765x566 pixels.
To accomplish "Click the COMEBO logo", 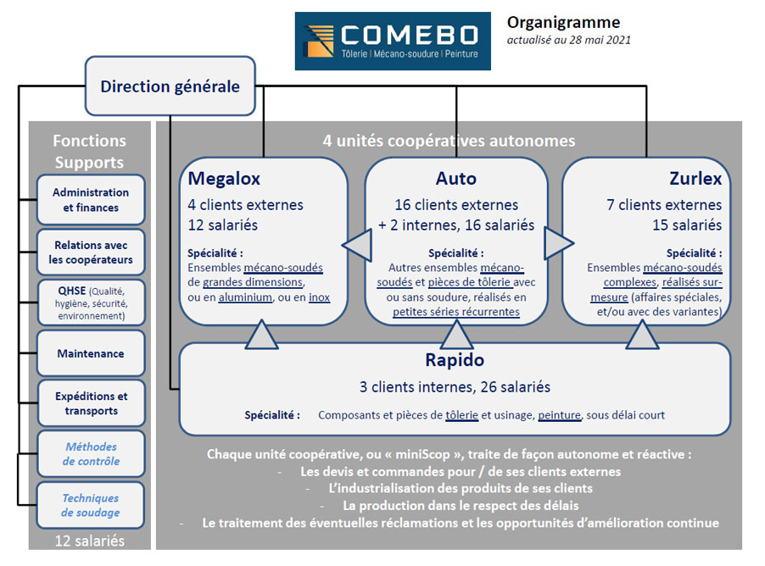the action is pos(393,41).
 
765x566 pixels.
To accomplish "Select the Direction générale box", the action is pos(170,86).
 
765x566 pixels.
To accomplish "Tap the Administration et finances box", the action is pos(91,200).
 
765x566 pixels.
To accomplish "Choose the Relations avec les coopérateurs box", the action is pos(91,252).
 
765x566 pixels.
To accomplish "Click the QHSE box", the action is pos(91,302).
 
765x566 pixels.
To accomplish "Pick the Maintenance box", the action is pos(91,353).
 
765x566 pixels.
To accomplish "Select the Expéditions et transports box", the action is pos(91,403).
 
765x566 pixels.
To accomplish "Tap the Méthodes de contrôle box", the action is pos(91,454).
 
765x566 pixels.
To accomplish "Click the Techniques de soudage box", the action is pos(91,505).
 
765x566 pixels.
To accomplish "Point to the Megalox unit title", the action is pos(224,179).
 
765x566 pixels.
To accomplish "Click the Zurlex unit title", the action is pos(695,179).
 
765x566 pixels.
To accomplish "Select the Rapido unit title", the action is pos(455,360).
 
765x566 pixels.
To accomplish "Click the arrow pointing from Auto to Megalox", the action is pos(357,245).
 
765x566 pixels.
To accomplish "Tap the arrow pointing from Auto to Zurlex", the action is pos(559,243).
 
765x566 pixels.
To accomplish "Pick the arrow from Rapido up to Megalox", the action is pos(261,335).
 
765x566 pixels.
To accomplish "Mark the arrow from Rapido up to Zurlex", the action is pos(642,335).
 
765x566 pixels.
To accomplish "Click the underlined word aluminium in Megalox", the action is pos(245,297).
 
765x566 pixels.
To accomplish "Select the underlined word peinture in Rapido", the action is pos(559,415).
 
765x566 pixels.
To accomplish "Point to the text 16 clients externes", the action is pos(456,205).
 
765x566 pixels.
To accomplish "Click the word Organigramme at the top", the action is pos(563,22).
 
